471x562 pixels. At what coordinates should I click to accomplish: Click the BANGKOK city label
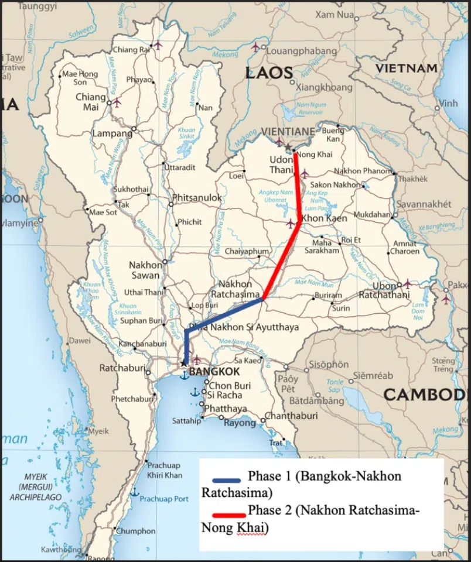[214, 372]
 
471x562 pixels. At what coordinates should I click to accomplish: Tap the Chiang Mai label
[90, 102]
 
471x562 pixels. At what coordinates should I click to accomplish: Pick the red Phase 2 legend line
[227, 515]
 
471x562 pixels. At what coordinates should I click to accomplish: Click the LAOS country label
[269, 73]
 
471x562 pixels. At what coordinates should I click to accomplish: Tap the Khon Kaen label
[324, 218]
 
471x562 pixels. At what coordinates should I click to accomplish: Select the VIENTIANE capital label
[286, 132]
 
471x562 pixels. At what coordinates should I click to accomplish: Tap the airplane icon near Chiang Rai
[157, 44]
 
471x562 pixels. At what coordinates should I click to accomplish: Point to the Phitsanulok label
[197, 198]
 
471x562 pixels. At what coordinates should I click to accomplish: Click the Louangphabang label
[295, 50]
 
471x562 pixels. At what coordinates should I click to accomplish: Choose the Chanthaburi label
[291, 416]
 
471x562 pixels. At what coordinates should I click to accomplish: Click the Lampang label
[112, 133]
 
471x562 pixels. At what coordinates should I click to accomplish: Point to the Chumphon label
[136, 531]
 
